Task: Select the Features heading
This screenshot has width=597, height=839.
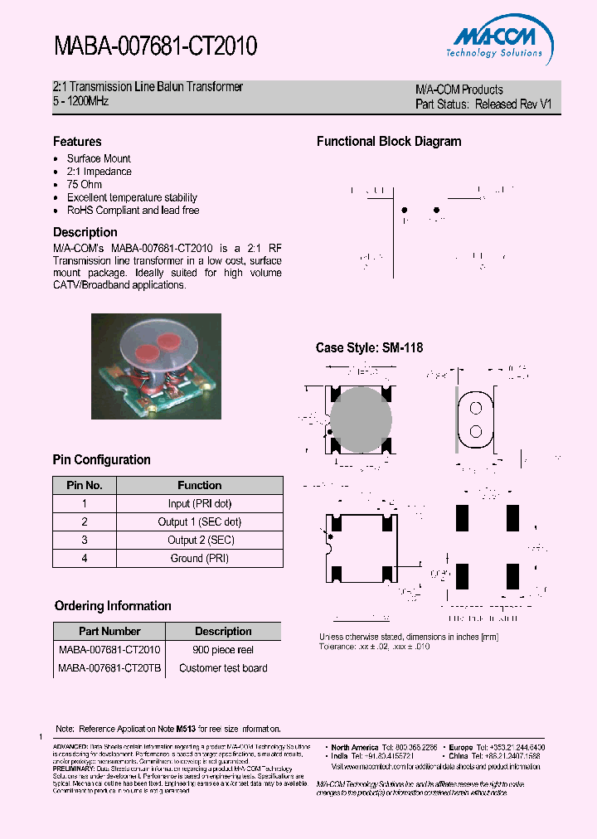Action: coord(77,142)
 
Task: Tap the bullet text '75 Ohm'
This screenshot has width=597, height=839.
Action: coord(85,184)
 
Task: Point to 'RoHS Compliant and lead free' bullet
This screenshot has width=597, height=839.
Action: coord(133,210)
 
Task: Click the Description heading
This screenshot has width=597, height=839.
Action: coord(85,232)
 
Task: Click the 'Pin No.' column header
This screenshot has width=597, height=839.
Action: coord(84,485)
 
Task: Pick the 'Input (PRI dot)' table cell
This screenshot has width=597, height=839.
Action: coord(200,503)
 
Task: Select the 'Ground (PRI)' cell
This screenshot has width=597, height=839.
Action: coord(200,558)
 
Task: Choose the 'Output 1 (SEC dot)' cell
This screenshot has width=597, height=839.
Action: coord(200,521)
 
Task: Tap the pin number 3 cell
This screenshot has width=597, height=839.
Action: coord(84,540)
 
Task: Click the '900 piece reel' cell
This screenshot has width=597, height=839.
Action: coord(223,650)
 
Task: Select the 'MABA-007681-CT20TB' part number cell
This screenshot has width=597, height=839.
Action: coord(110,668)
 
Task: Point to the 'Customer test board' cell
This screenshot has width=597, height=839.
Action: coord(223,668)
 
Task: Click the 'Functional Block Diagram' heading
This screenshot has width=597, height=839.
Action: coord(389,142)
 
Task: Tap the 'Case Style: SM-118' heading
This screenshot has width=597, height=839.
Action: coord(369,348)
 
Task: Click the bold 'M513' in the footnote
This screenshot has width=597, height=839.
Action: coord(187,729)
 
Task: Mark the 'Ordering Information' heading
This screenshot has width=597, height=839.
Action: coord(113,606)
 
